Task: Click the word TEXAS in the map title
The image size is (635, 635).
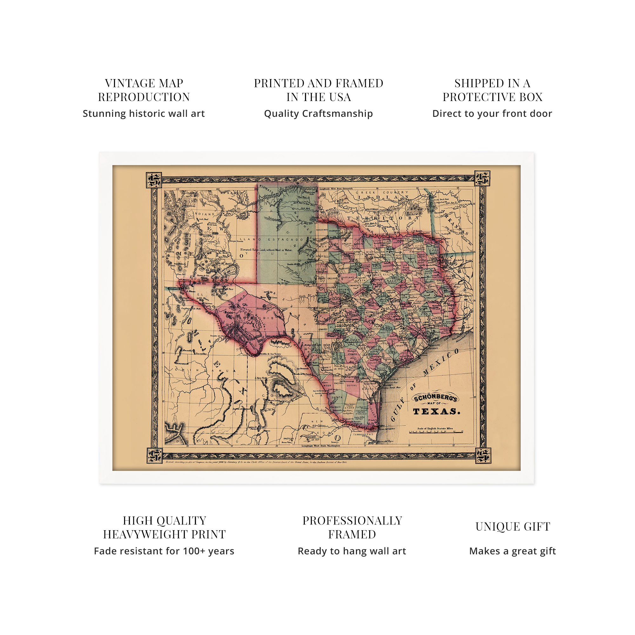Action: tap(436, 411)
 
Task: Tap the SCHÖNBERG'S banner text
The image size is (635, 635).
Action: tap(435, 398)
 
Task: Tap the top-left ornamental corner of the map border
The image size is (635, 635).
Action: tap(154, 180)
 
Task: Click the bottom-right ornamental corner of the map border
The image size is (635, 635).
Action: tap(483, 456)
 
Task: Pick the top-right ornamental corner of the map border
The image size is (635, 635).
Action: tap(482, 178)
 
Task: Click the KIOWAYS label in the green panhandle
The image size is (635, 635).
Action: tap(265, 190)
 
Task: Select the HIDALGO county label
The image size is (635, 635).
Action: tap(361, 414)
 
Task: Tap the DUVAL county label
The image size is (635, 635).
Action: tap(352, 385)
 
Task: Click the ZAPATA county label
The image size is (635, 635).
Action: tap(337, 398)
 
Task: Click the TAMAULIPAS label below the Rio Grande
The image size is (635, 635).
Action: tap(363, 435)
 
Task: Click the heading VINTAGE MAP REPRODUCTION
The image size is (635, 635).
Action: tap(144, 90)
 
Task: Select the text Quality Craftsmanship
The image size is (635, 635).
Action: tap(318, 114)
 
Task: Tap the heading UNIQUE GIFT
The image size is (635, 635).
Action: tap(512, 526)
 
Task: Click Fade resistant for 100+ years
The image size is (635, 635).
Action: tap(164, 551)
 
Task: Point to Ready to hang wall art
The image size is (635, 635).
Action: tap(352, 551)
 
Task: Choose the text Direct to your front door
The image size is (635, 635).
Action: tap(492, 114)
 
